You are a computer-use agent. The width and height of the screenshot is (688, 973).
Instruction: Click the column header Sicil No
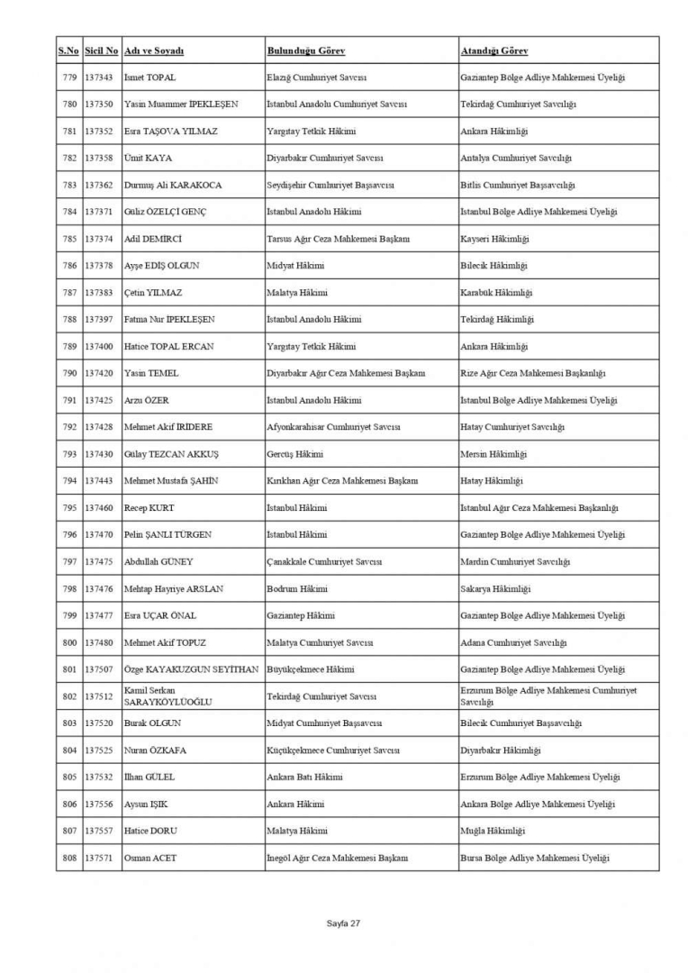[x=101, y=50]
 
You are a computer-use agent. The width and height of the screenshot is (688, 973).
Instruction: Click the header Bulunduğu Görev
[x=305, y=50]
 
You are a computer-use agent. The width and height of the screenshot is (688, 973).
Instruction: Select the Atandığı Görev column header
[x=494, y=50]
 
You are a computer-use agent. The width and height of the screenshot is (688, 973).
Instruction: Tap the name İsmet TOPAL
[x=149, y=77]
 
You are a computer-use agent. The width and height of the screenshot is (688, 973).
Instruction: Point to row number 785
[x=69, y=239]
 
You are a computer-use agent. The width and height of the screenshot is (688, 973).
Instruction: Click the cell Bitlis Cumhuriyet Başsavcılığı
[x=517, y=185]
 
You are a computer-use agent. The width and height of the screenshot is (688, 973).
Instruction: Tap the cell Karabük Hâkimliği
[x=496, y=293]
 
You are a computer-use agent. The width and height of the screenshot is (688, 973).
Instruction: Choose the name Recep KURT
[x=149, y=508]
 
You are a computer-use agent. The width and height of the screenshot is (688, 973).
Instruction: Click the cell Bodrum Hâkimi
[x=296, y=589]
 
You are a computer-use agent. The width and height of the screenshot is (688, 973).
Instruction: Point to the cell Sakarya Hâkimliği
[x=494, y=589]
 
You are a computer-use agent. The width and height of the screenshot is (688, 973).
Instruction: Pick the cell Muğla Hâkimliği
[x=492, y=831]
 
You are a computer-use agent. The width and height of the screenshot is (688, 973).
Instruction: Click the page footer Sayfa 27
[x=343, y=923]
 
